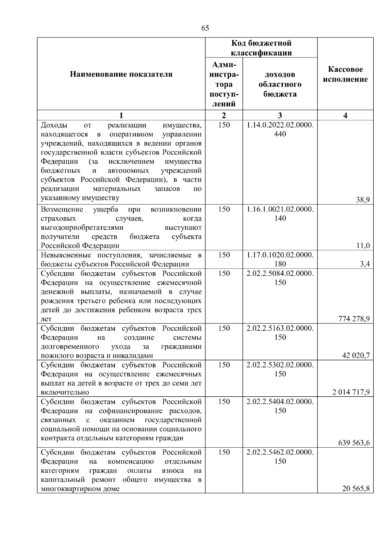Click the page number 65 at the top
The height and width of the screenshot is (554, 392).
click(205, 28)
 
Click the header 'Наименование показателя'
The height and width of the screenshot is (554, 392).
click(121, 74)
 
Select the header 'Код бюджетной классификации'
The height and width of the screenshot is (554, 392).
click(261, 48)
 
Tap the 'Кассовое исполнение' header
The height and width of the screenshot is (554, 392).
click(345, 74)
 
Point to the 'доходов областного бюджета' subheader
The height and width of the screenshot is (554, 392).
click(280, 84)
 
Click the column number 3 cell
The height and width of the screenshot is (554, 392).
click(280, 115)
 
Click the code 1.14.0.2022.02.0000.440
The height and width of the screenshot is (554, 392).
click(280, 130)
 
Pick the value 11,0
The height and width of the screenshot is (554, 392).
click(363, 246)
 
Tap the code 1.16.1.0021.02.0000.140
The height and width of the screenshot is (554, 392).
click(280, 214)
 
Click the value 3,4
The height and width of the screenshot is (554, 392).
click(365, 264)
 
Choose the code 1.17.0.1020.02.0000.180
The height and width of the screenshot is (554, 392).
click(280, 260)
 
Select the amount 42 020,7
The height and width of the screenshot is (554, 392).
click(356, 356)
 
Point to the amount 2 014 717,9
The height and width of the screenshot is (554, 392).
click(351, 392)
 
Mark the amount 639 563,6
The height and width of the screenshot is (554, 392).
click(354, 443)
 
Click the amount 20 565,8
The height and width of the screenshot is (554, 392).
click(356, 489)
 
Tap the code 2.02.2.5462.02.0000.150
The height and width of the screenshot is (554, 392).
click(280, 457)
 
